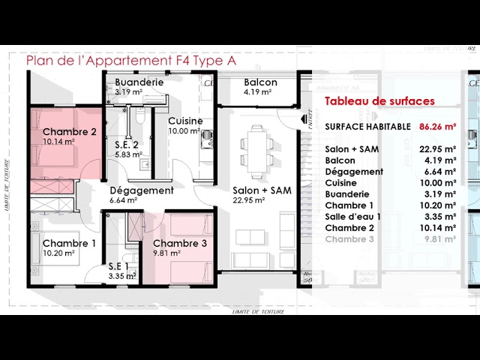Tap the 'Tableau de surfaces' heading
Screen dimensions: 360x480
tap(379, 101)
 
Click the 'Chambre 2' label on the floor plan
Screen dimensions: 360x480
tap(70, 132)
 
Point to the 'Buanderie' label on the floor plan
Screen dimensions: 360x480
tap(139, 82)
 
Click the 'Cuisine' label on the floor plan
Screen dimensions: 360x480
tap(184, 121)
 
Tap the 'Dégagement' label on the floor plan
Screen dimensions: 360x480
tap(142, 190)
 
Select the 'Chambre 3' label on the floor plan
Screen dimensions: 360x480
tap(180, 243)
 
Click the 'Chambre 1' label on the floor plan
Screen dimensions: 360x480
tap(70, 243)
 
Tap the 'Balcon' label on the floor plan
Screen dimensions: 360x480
tap(260, 82)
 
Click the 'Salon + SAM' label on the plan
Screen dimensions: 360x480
tap(262, 190)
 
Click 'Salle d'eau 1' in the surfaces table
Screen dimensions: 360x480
tap(353, 217)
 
